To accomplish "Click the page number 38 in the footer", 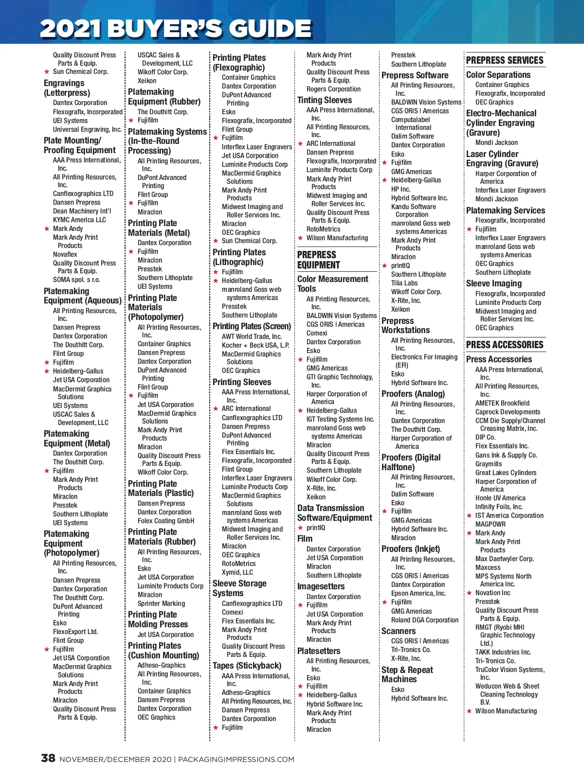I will [48, 758].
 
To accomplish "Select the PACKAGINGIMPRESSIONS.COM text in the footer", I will [236, 760].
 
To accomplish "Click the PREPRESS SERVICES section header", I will [505, 60].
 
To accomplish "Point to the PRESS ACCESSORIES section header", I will [505, 345].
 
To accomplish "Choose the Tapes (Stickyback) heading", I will [247, 666].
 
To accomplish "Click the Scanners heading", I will [399, 631].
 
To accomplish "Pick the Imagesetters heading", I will [321, 586].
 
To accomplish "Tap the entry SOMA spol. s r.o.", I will [76, 280].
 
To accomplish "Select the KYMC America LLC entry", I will [79, 220].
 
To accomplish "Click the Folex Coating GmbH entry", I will [165, 521].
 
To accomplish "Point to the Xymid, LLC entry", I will [237, 572].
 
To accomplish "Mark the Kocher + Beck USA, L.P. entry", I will [255, 345].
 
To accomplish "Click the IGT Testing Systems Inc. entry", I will [340, 419].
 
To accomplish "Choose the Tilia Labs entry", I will [404, 283].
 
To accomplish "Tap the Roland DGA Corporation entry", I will [424, 620].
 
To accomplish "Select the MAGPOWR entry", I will [491, 524].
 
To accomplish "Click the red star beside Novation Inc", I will [470, 593].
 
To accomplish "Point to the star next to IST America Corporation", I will [470, 516].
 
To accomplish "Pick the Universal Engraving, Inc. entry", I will [87, 129].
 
